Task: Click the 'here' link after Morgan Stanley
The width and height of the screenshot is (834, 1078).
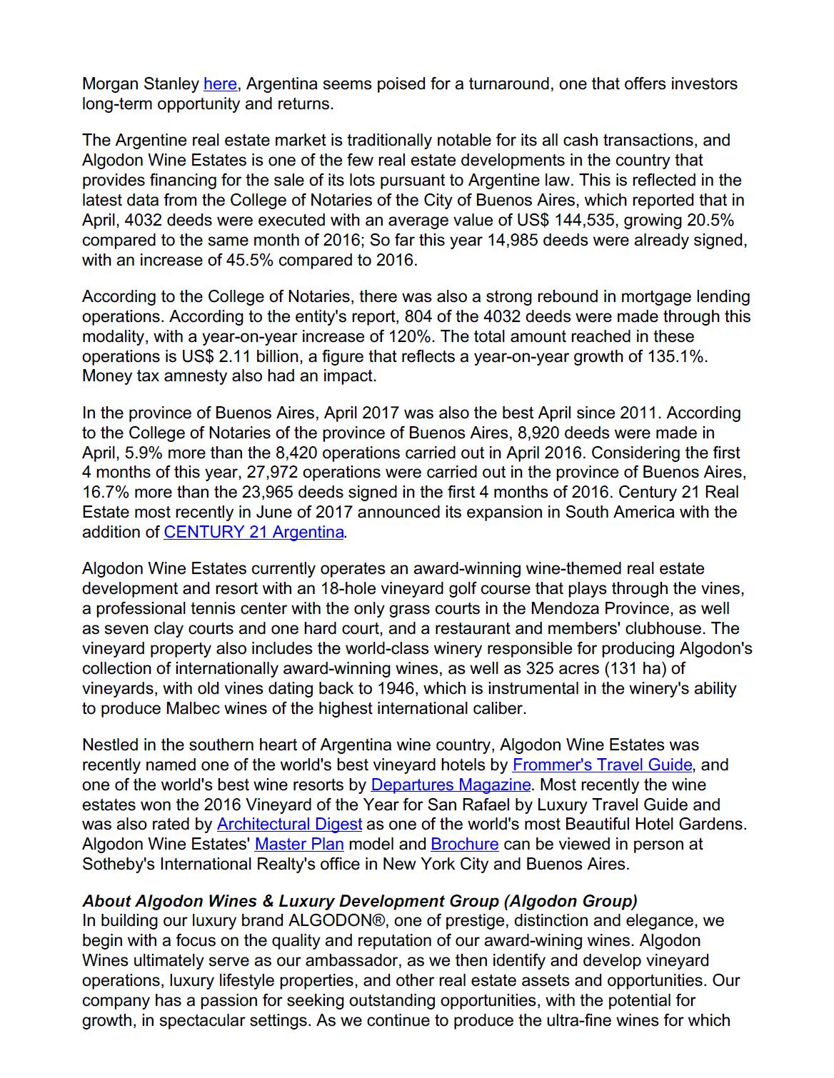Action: pos(220,84)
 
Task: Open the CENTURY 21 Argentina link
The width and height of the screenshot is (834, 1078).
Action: pos(253,533)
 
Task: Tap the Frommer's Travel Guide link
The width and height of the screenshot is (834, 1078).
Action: pos(602,765)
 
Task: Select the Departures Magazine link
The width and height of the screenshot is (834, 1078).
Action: pos(451,785)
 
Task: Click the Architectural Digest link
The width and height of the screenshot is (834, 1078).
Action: pos(289,825)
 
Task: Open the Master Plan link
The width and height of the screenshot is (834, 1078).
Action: pos(299,845)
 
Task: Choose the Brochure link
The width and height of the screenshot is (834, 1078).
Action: pos(464,845)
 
